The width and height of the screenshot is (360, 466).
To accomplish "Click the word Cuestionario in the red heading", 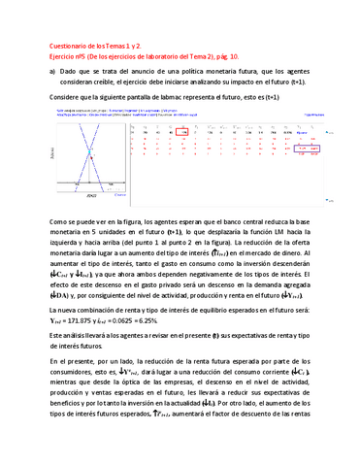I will click(69, 47).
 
